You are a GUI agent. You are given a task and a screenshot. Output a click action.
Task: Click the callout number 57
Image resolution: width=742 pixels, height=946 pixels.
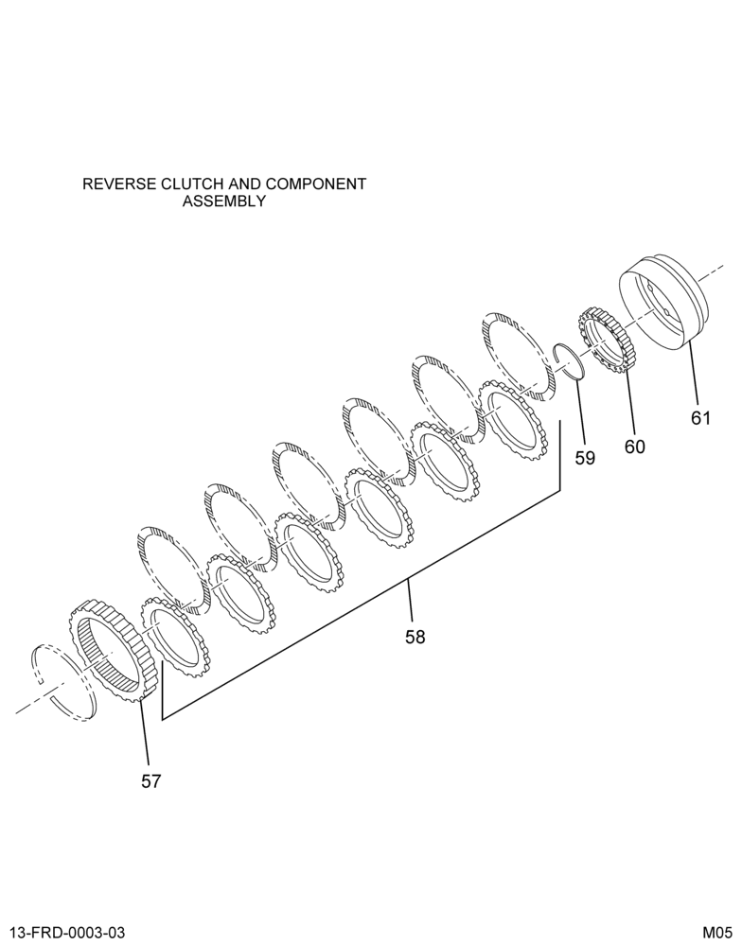pyautogui.click(x=150, y=781)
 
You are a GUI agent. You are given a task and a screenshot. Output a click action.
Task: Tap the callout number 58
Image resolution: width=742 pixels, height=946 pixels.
pyautogui.click(x=415, y=637)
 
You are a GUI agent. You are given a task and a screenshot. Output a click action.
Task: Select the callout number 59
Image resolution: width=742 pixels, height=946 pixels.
pyautogui.click(x=585, y=458)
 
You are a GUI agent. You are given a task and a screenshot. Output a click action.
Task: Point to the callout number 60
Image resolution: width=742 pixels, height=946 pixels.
pyautogui.click(x=634, y=447)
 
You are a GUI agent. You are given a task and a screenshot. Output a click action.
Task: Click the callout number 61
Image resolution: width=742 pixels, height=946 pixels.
pyautogui.click(x=700, y=417)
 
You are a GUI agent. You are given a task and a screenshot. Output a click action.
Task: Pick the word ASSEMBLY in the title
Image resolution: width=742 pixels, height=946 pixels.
pyautogui.click(x=224, y=201)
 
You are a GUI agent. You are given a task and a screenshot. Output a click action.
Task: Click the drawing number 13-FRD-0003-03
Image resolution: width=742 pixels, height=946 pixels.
pyautogui.click(x=67, y=932)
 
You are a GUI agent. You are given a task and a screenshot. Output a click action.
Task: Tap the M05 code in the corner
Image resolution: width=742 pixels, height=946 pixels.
pyautogui.click(x=717, y=932)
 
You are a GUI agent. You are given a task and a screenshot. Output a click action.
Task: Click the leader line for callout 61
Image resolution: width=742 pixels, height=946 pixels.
pyautogui.click(x=693, y=372)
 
